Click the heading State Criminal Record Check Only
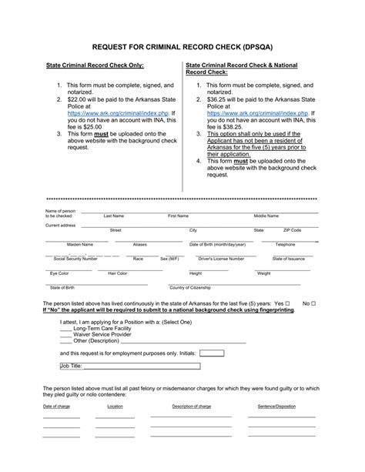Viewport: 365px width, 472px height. coord(95,66)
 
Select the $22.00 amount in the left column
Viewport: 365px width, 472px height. coord(76,99)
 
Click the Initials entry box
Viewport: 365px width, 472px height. coord(212,353)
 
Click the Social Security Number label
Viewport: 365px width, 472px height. coord(75,259)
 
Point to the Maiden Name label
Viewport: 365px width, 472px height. coord(79,244)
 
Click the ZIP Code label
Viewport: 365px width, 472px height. coord(292,230)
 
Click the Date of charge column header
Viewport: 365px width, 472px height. coord(56,406)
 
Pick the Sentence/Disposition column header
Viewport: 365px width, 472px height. coord(277,406)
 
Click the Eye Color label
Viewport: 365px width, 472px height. coord(59,273)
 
